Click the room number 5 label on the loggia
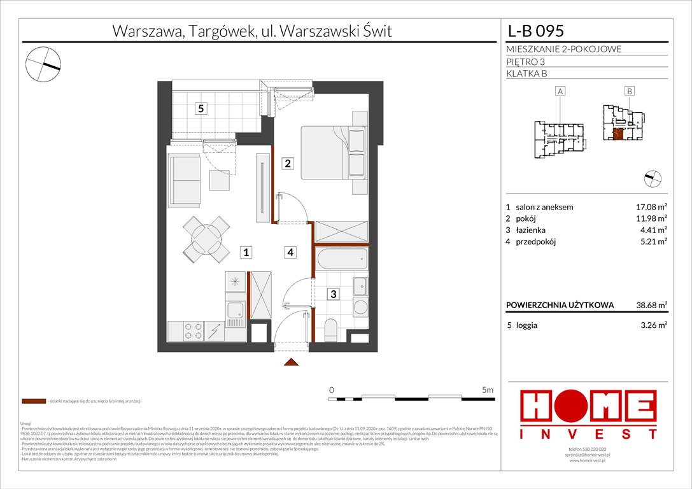pos(201,108)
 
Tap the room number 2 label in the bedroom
pos(288,164)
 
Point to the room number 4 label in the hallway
pos(290,252)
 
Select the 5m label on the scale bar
pos(488,389)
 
